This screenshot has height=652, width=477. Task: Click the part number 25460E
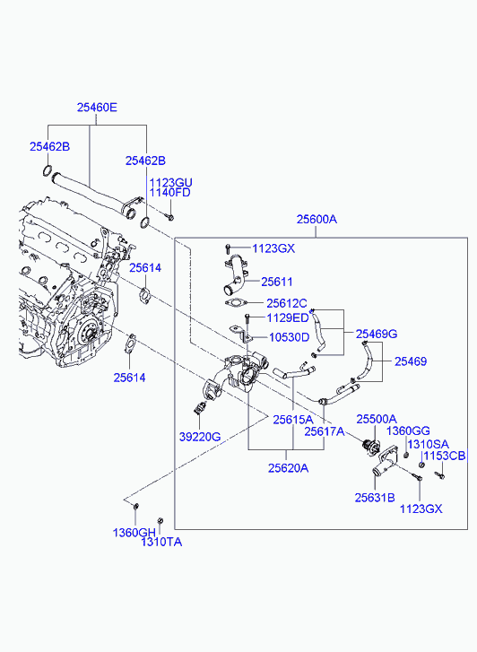tap(97, 108)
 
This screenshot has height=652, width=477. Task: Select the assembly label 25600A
tap(317, 219)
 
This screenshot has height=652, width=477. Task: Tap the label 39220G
tap(200, 437)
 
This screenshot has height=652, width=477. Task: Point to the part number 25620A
tap(288, 468)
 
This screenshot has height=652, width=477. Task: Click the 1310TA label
tap(161, 542)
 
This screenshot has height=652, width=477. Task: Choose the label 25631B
tap(375, 498)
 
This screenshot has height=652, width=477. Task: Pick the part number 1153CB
tap(444, 456)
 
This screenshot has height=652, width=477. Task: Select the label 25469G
tap(377, 334)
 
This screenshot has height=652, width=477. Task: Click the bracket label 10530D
tap(289, 337)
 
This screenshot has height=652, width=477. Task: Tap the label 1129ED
tap(287, 318)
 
